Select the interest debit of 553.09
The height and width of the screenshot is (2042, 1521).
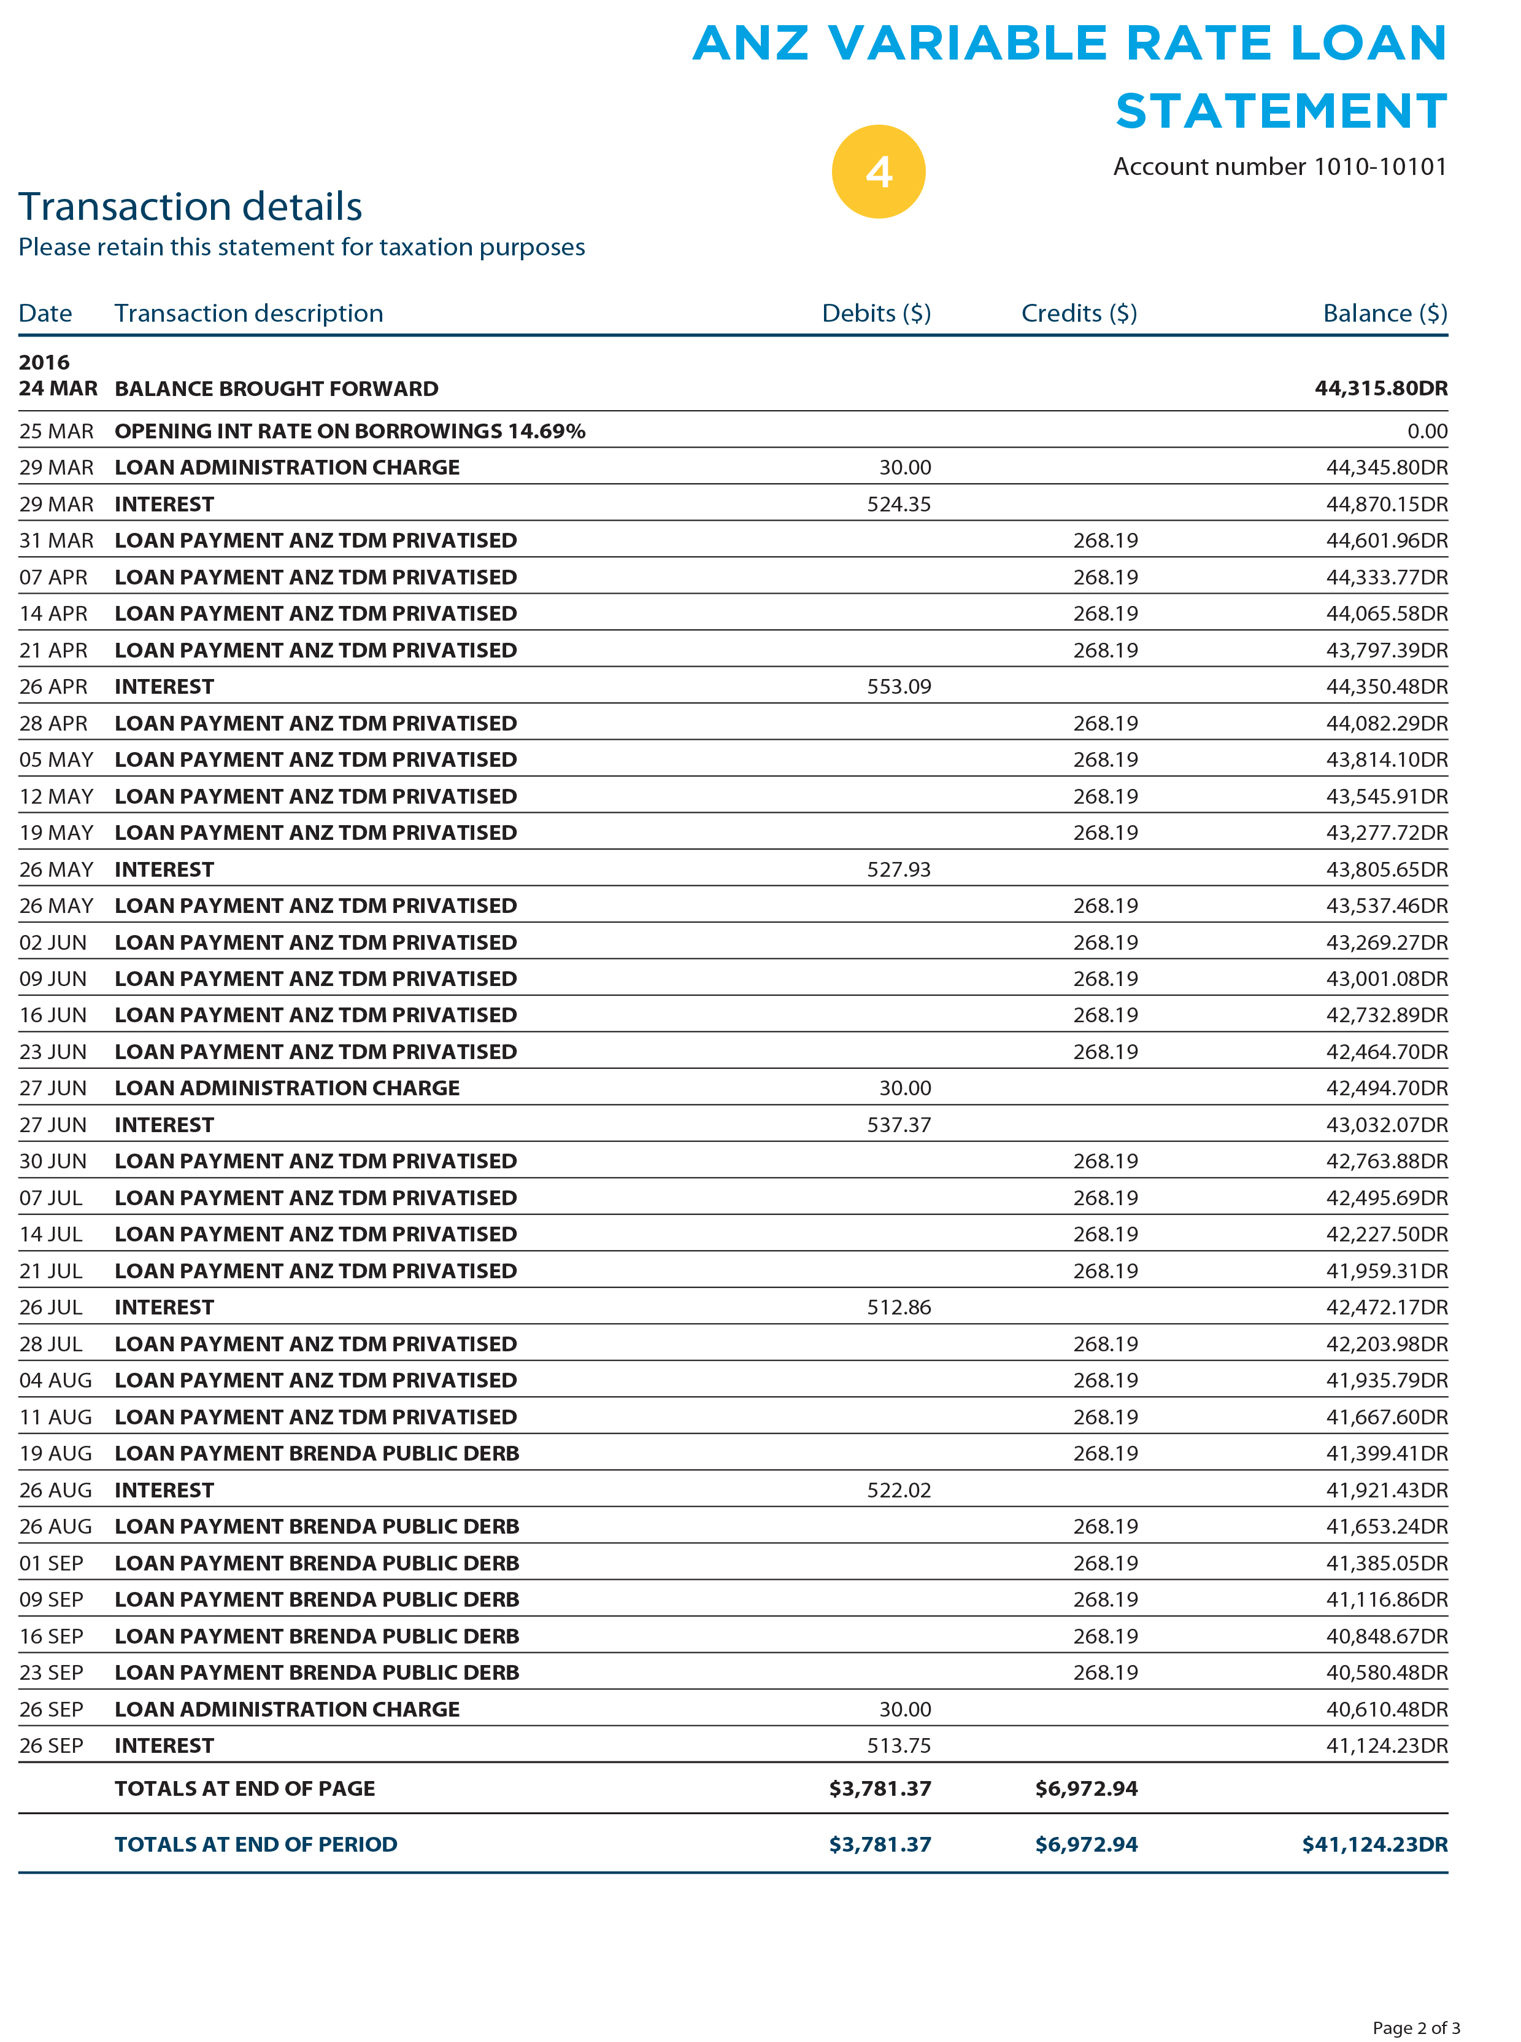(x=899, y=686)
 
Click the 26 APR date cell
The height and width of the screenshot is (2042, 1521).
(x=53, y=686)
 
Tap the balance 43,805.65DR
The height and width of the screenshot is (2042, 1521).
(x=1385, y=869)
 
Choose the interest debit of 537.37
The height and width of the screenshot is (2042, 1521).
(x=899, y=1125)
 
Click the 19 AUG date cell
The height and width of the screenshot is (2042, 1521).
(x=55, y=1453)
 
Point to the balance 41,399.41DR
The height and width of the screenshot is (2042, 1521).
(x=1385, y=1453)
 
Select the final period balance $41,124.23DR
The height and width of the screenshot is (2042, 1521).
(x=1374, y=1845)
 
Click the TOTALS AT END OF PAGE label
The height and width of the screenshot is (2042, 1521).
(x=245, y=1788)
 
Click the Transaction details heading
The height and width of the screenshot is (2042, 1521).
(x=191, y=206)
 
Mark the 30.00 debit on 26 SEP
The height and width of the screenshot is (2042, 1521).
(x=904, y=1709)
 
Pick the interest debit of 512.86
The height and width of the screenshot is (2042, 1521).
(x=899, y=1307)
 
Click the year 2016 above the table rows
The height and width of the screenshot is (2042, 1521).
(x=44, y=362)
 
